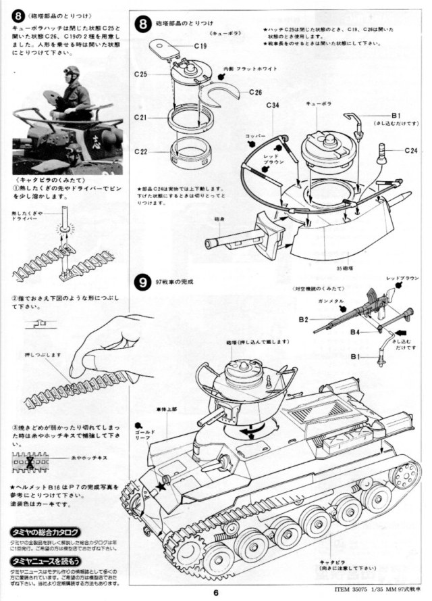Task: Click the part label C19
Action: [200, 46]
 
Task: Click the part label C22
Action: [140, 151]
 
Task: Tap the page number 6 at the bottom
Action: [215, 594]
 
